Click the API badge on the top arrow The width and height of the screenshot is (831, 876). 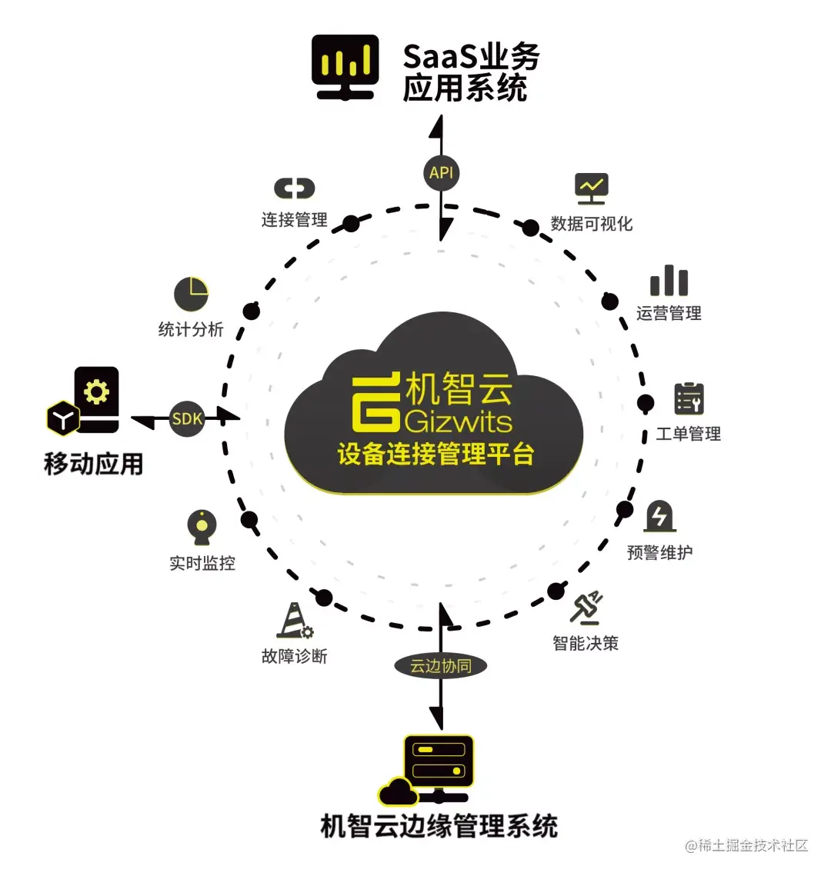pyautogui.click(x=441, y=172)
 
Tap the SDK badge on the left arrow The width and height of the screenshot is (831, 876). pyautogui.click(x=187, y=418)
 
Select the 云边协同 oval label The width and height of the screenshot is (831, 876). pyautogui.click(x=440, y=665)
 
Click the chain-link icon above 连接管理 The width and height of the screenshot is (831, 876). pyautogui.click(x=295, y=188)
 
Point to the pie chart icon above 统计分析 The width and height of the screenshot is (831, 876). pyautogui.click(x=191, y=294)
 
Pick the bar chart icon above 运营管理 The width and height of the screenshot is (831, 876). pyautogui.click(x=669, y=281)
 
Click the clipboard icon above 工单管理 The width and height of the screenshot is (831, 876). pyautogui.click(x=689, y=398)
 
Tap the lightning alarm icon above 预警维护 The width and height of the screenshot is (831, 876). pyautogui.click(x=659, y=516)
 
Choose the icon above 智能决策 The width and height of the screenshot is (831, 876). pyautogui.click(x=587, y=608)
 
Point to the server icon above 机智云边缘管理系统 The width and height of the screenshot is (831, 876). pyautogui.click(x=437, y=761)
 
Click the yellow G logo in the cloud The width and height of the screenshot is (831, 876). pyautogui.click(x=376, y=402)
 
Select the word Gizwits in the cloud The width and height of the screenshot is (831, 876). pyautogui.click(x=458, y=421)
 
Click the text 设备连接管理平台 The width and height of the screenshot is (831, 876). pyautogui.click(x=436, y=454)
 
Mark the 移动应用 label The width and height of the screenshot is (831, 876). pyautogui.click(x=94, y=464)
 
